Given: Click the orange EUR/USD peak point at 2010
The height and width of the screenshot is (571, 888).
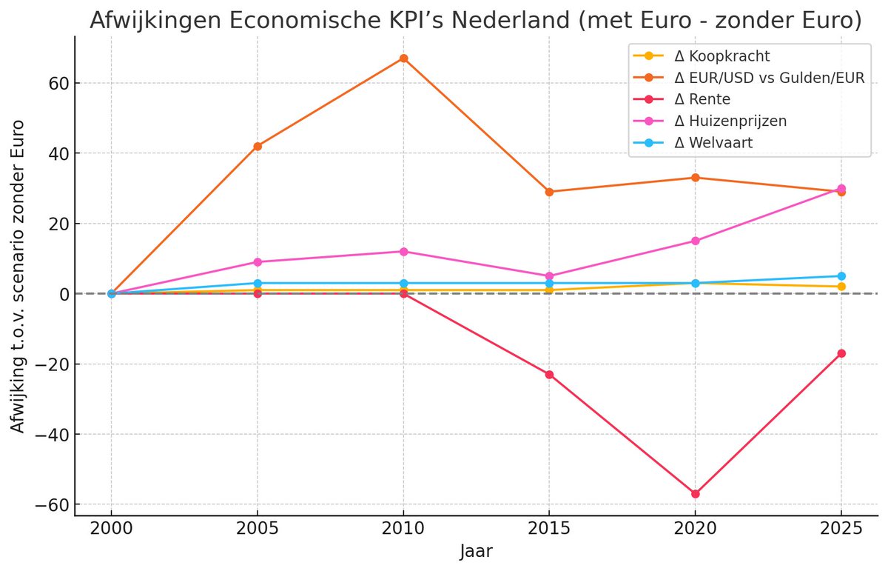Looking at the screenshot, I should (x=403, y=58).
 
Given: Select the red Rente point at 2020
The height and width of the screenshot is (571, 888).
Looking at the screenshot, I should (x=696, y=494).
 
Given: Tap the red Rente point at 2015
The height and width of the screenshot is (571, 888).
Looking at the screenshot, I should (x=549, y=374).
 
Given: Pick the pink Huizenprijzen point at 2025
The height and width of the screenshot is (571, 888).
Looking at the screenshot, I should (x=841, y=188).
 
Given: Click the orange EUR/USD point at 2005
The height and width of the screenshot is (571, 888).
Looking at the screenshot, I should (x=258, y=146).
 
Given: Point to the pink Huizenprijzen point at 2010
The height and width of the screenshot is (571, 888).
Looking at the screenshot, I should (x=403, y=252).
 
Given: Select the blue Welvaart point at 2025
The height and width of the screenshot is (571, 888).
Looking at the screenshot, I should (x=841, y=276).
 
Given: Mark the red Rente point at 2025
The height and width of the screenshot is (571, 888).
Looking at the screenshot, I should (x=841, y=353).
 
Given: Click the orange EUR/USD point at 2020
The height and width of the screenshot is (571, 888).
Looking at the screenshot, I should (x=696, y=178).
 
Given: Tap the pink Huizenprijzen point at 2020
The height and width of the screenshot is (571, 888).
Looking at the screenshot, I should (x=696, y=241).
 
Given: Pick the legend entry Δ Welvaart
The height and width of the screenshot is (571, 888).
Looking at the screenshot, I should (x=713, y=143).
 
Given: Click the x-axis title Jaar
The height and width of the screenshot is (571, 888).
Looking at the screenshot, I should (x=476, y=552).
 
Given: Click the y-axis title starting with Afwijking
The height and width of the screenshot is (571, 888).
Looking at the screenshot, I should (x=18, y=276).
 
